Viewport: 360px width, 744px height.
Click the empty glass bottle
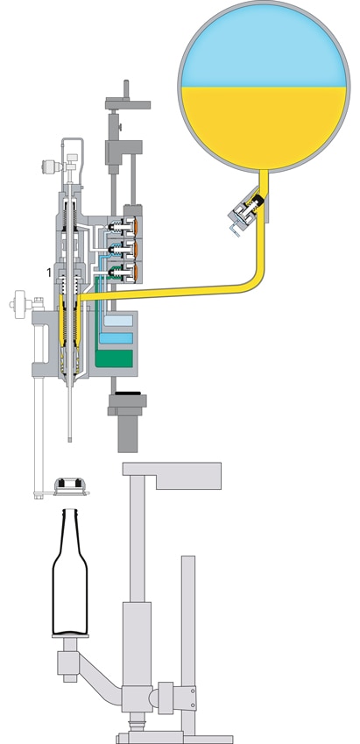[71, 578]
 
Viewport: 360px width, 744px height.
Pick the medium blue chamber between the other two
[115, 337]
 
